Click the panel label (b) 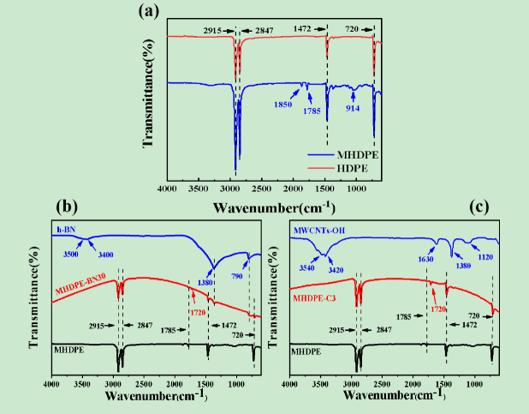tap(68, 207)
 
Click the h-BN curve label tap(65, 230)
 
